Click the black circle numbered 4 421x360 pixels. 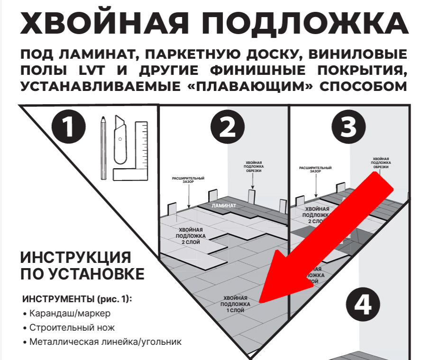click(x=363, y=304)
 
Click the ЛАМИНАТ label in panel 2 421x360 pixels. click(x=223, y=206)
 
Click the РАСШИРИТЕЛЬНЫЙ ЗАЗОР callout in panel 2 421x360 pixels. click(x=188, y=181)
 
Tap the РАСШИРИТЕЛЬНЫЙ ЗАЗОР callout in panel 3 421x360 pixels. click(x=315, y=170)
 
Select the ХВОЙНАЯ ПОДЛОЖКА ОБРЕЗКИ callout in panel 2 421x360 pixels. click(x=253, y=166)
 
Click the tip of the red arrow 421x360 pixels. click(x=259, y=302)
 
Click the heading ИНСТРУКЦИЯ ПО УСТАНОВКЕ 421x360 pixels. click(x=82, y=266)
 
